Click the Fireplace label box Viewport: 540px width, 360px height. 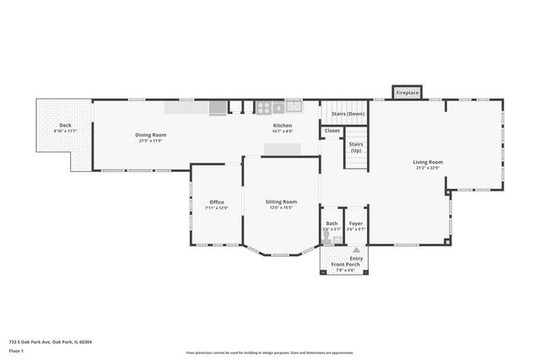[407, 91]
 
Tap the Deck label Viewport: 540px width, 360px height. [65, 126]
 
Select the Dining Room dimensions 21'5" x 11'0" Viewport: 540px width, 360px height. [150, 141]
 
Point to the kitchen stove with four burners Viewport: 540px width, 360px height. [262, 107]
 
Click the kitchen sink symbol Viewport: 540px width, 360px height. [294, 106]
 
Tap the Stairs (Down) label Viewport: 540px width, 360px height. [348, 113]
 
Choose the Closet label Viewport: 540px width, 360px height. [332, 131]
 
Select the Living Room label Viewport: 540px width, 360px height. [428, 162]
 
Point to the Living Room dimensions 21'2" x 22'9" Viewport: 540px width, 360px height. [428, 168]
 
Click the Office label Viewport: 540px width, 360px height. [217, 201]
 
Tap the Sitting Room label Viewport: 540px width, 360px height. [281, 201]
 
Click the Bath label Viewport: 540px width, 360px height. [332, 223]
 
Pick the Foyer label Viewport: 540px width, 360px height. [357, 223]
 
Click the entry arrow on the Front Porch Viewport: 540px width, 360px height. [356, 250]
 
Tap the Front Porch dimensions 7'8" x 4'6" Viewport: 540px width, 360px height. [344, 270]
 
